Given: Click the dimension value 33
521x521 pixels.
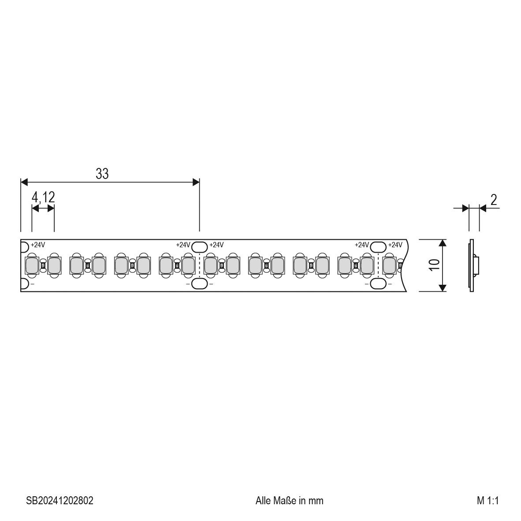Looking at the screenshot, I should click(102, 174).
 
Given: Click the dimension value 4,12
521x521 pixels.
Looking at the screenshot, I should click(43, 197).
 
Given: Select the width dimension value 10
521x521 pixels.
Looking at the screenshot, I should click(435, 265).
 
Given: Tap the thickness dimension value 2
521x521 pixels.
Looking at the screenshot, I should click(494, 200).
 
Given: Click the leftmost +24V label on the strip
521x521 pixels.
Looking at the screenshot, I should click(38, 245).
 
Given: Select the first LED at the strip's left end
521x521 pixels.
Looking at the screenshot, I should click(32, 265).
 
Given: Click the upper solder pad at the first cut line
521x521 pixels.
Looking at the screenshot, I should click(200, 246).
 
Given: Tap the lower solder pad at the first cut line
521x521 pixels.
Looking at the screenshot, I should click(200, 284).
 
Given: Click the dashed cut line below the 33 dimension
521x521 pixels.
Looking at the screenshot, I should click(200, 265).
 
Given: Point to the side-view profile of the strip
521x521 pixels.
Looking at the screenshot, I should click(473, 265).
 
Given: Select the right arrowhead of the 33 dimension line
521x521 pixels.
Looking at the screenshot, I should click(196, 182).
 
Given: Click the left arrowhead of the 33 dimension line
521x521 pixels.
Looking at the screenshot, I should click(25, 182).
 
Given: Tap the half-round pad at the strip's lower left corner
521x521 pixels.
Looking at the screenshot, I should click(24, 284).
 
